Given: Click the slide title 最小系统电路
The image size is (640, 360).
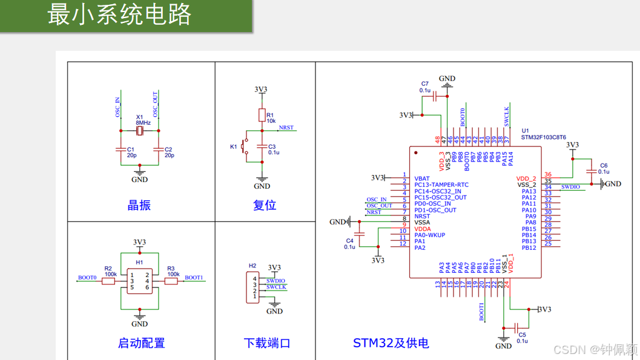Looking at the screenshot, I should [119, 15].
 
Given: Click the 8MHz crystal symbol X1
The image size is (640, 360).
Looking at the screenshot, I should [140, 131].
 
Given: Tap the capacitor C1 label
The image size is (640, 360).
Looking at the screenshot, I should [130, 149].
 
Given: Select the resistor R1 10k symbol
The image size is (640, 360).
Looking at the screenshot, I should [262, 116].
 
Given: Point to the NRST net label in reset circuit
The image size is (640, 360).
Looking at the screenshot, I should [286, 128].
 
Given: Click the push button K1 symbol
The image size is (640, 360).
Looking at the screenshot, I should [245, 146].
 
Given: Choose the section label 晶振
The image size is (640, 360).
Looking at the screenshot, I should [139, 205].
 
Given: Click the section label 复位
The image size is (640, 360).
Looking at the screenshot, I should [265, 205].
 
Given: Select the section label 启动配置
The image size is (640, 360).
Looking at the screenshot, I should [141, 343].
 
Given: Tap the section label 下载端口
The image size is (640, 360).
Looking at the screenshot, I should [267, 343].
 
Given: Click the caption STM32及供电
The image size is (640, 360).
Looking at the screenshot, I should [391, 343].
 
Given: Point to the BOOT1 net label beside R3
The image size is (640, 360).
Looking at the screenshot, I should [194, 278].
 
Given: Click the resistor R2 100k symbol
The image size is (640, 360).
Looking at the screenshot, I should [109, 281].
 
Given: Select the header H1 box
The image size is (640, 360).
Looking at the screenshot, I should [140, 281].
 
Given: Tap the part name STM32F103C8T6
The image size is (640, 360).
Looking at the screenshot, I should [543, 137].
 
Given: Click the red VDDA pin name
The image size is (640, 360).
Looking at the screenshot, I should [423, 229].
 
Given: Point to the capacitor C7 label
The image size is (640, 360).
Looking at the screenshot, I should [424, 84].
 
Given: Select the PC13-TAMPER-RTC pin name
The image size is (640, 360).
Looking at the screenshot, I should [441, 185].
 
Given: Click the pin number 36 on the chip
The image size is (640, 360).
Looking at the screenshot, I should [548, 175].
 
